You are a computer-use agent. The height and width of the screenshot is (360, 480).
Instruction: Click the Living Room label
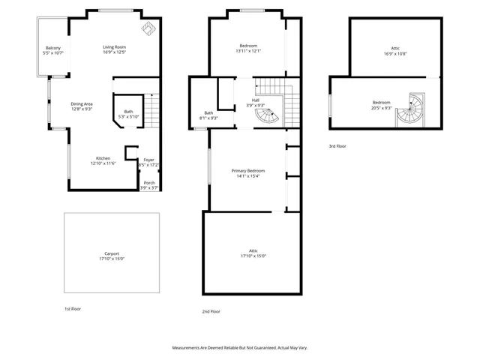click(114, 47)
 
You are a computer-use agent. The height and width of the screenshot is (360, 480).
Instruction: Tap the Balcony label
click(52, 49)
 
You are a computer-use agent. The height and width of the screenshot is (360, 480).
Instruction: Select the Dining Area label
click(82, 103)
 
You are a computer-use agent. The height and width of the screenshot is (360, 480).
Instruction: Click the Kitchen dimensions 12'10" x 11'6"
click(103, 163)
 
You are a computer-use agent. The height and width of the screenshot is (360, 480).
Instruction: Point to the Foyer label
click(148, 159)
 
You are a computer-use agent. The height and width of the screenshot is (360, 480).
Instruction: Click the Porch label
click(148, 183)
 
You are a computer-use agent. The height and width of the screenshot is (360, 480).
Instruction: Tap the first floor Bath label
click(129, 112)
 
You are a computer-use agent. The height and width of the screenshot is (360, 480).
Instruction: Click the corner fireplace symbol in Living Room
click(148, 28)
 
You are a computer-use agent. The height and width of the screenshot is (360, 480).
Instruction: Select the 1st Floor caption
click(73, 308)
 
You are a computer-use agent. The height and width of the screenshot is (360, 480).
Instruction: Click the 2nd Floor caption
click(211, 311)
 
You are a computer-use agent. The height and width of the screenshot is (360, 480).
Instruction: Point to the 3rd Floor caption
click(337, 146)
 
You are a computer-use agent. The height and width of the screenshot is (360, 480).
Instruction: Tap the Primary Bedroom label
click(247, 171)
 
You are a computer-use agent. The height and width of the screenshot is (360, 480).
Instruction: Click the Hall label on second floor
click(256, 100)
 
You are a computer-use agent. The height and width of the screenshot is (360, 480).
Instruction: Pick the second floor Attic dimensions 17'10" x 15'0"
click(253, 256)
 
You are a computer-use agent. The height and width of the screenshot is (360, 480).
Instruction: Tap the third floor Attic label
click(385, 49)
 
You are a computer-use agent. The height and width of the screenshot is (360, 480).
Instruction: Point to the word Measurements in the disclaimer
click(187, 348)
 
